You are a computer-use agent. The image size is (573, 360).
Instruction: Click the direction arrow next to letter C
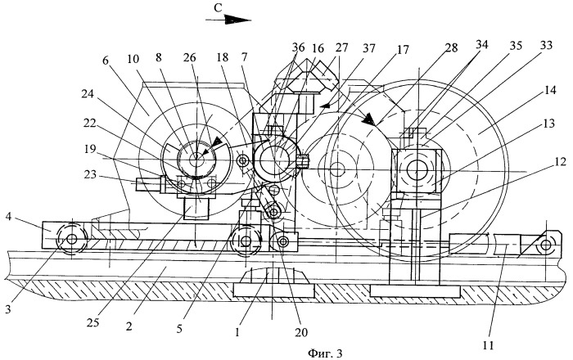click(x=228, y=20)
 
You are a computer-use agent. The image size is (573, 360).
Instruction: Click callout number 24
click(x=88, y=94)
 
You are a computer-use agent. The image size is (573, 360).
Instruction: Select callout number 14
click(x=549, y=90)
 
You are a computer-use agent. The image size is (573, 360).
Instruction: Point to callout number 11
click(x=488, y=344)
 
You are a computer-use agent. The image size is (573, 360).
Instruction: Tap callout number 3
click(x=8, y=309)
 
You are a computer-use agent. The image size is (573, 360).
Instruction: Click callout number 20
click(x=301, y=332)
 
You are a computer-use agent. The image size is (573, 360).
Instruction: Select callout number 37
click(x=368, y=47)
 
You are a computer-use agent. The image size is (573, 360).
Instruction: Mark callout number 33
click(x=546, y=45)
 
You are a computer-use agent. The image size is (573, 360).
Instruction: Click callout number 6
click(x=106, y=61)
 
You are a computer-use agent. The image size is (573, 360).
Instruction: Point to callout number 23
click(x=89, y=175)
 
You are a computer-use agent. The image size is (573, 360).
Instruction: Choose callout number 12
click(x=560, y=161)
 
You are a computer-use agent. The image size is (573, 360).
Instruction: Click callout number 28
click(x=451, y=47)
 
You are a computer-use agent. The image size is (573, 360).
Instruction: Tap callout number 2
click(x=129, y=326)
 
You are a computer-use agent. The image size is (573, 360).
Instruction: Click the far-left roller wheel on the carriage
click(x=72, y=240)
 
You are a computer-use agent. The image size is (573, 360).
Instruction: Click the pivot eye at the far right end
click(x=546, y=245)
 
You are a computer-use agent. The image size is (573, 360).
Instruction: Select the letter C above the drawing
click(x=218, y=8)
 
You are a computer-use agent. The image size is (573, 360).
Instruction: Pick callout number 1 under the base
click(x=237, y=332)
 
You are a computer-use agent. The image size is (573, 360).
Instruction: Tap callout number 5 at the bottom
click(x=179, y=329)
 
